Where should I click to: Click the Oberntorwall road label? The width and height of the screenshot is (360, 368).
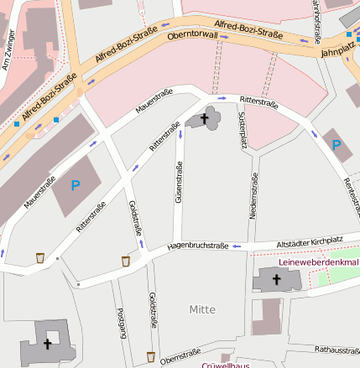click(x=192, y=36)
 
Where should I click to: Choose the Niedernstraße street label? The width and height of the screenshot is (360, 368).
click(x=254, y=196)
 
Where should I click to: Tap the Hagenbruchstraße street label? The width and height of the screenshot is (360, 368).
click(x=198, y=246)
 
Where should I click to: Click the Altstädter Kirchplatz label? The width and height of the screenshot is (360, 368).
click(x=310, y=241)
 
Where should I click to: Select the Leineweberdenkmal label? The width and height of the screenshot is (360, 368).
click(x=318, y=262)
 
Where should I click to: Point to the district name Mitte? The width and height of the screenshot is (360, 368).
click(x=202, y=309)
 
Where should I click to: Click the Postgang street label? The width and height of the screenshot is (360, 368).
click(x=122, y=323)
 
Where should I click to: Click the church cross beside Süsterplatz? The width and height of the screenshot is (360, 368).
click(x=205, y=120)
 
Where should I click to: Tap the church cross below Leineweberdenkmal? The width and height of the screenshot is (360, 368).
click(x=278, y=278)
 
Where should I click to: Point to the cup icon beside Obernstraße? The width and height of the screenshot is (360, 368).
click(x=150, y=356)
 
